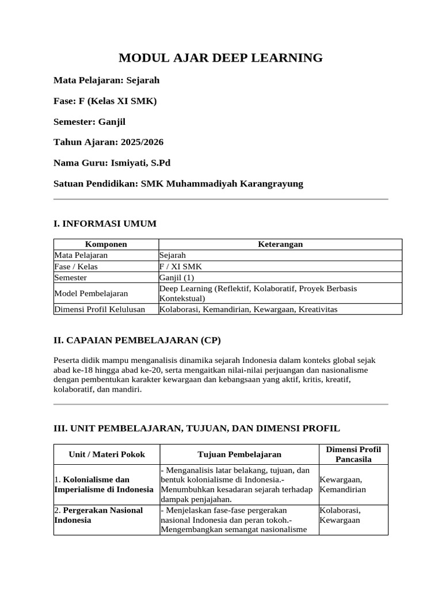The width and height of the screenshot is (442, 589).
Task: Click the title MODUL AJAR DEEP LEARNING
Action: (220, 58)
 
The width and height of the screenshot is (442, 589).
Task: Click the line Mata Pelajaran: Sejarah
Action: (106, 81)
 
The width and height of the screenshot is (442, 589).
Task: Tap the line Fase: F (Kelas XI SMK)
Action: (105, 101)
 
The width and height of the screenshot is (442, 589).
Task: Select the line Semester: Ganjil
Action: (89, 122)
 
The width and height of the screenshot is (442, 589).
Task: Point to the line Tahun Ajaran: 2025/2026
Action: (108, 142)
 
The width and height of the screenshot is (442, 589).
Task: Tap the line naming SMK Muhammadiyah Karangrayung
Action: (178, 183)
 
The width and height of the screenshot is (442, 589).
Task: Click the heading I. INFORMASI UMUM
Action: (105, 223)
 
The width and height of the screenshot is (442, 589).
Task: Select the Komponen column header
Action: (106, 244)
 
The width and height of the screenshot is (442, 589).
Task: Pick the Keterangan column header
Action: (280, 244)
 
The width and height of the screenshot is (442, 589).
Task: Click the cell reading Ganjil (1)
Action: (177, 277)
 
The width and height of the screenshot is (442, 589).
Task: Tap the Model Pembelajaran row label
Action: (83, 293)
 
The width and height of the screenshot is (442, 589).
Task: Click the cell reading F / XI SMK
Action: (181, 266)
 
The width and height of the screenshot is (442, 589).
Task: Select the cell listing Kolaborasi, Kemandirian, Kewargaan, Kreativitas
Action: (248, 309)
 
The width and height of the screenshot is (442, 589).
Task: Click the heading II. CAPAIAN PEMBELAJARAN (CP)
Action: (137, 340)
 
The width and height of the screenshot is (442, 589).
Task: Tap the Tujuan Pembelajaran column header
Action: (239, 454)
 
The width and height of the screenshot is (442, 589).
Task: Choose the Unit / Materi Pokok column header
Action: (107, 454)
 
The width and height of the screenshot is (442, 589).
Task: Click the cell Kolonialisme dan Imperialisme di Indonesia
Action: (104, 484)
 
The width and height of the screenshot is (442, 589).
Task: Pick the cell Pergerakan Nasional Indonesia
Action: (98, 515)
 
